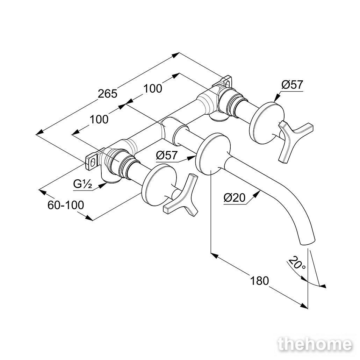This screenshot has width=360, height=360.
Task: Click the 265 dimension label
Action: (x=108, y=94)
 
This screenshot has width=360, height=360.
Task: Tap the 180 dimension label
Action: (x=259, y=281)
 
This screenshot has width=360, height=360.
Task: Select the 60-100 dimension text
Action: (x=66, y=205)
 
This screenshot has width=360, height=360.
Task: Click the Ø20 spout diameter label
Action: (x=235, y=197)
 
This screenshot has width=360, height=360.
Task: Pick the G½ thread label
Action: (x=82, y=184)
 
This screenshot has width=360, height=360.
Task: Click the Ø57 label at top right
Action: (x=292, y=85)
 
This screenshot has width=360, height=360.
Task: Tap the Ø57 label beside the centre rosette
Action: (x=167, y=156)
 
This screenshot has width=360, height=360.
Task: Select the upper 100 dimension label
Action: (x=153, y=88)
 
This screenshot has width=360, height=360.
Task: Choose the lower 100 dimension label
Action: (x=99, y=120)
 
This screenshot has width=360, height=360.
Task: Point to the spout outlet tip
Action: (x=307, y=242)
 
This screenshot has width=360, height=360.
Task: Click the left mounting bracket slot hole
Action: (x=93, y=163)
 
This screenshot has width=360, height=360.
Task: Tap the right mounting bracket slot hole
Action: (x=227, y=84)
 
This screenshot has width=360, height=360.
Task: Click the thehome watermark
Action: (x=315, y=345)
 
